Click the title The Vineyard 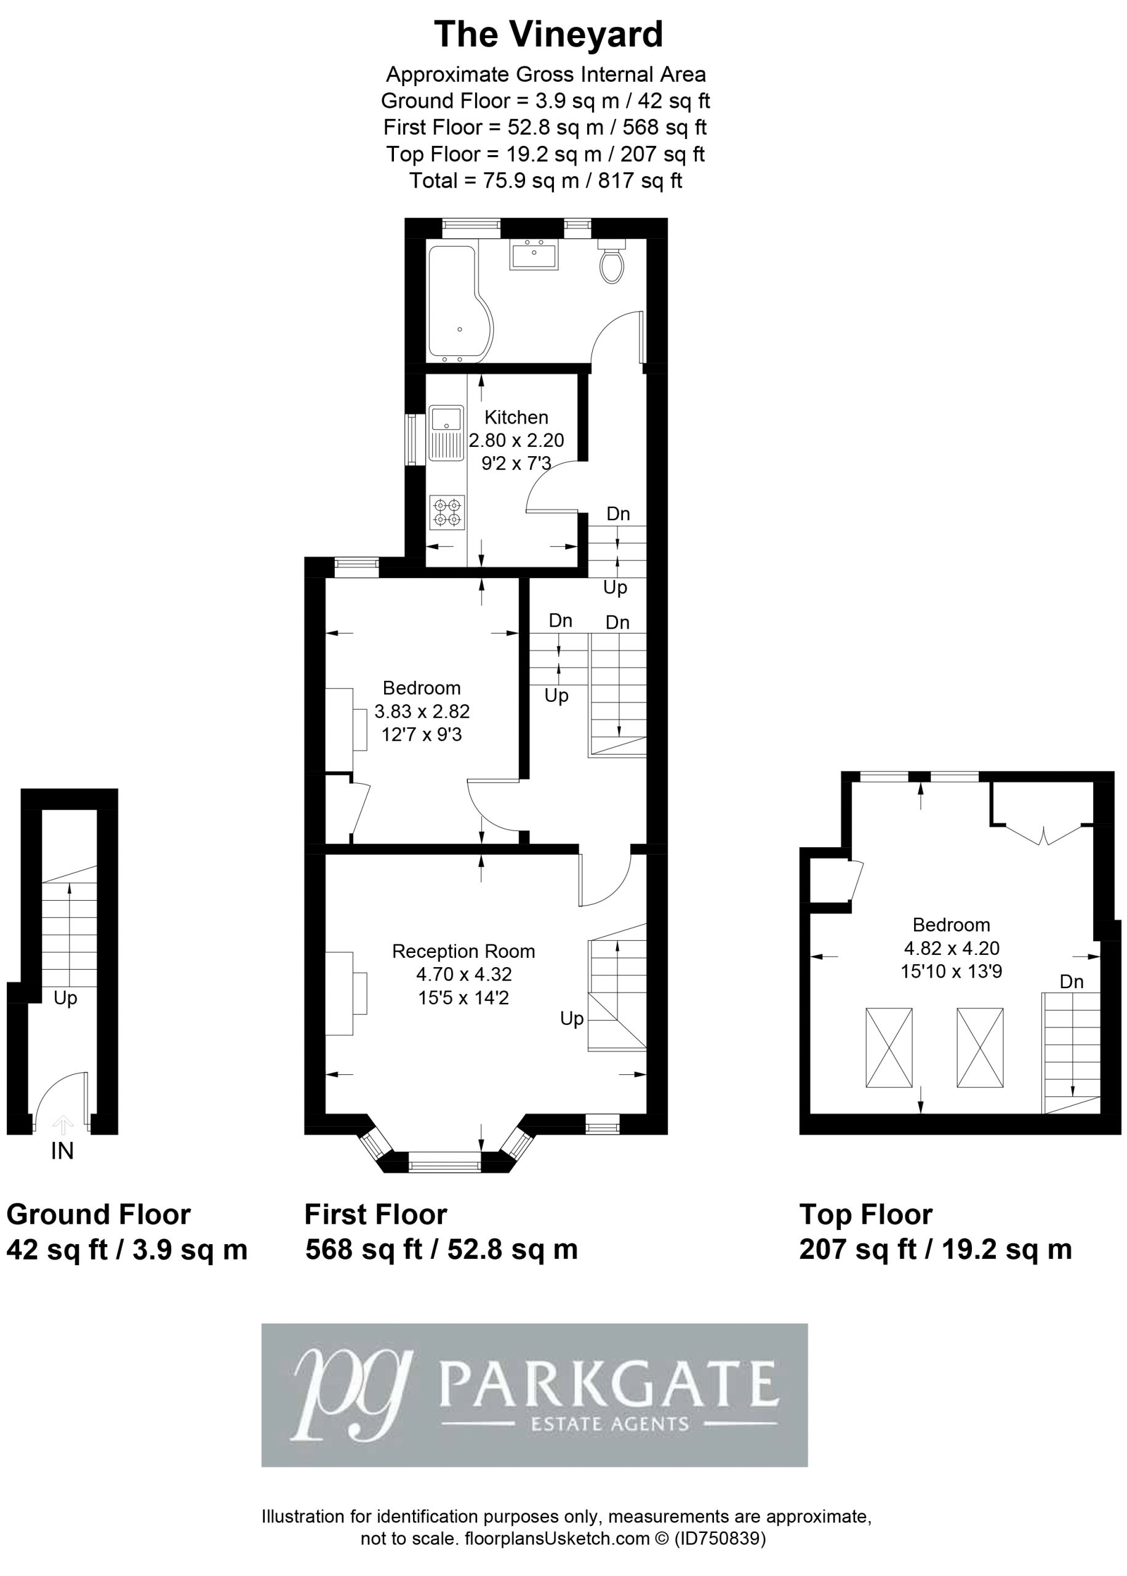coord(548,34)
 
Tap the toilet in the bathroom coord(611,261)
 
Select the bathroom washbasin coord(534,254)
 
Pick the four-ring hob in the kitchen coord(447,512)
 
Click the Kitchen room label coord(516,417)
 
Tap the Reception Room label coord(463,951)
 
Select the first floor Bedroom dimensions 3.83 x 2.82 coord(422,711)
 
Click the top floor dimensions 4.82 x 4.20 coord(952,948)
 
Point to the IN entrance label coord(62,1151)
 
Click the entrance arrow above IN coord(62,1124)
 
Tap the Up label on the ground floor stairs coord(65,998)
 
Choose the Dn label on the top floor coord(1072,981)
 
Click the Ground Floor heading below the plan coord(98,1215)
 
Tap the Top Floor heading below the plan coord(866,1215)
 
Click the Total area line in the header coord(545,180)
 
